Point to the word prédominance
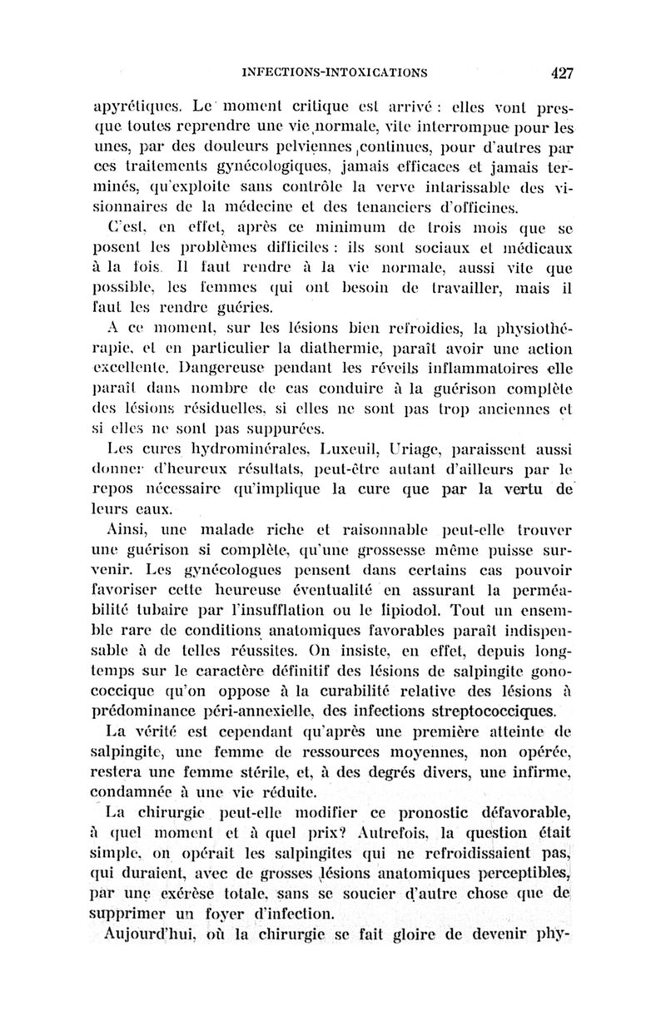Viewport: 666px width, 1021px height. [x=158, y=710]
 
